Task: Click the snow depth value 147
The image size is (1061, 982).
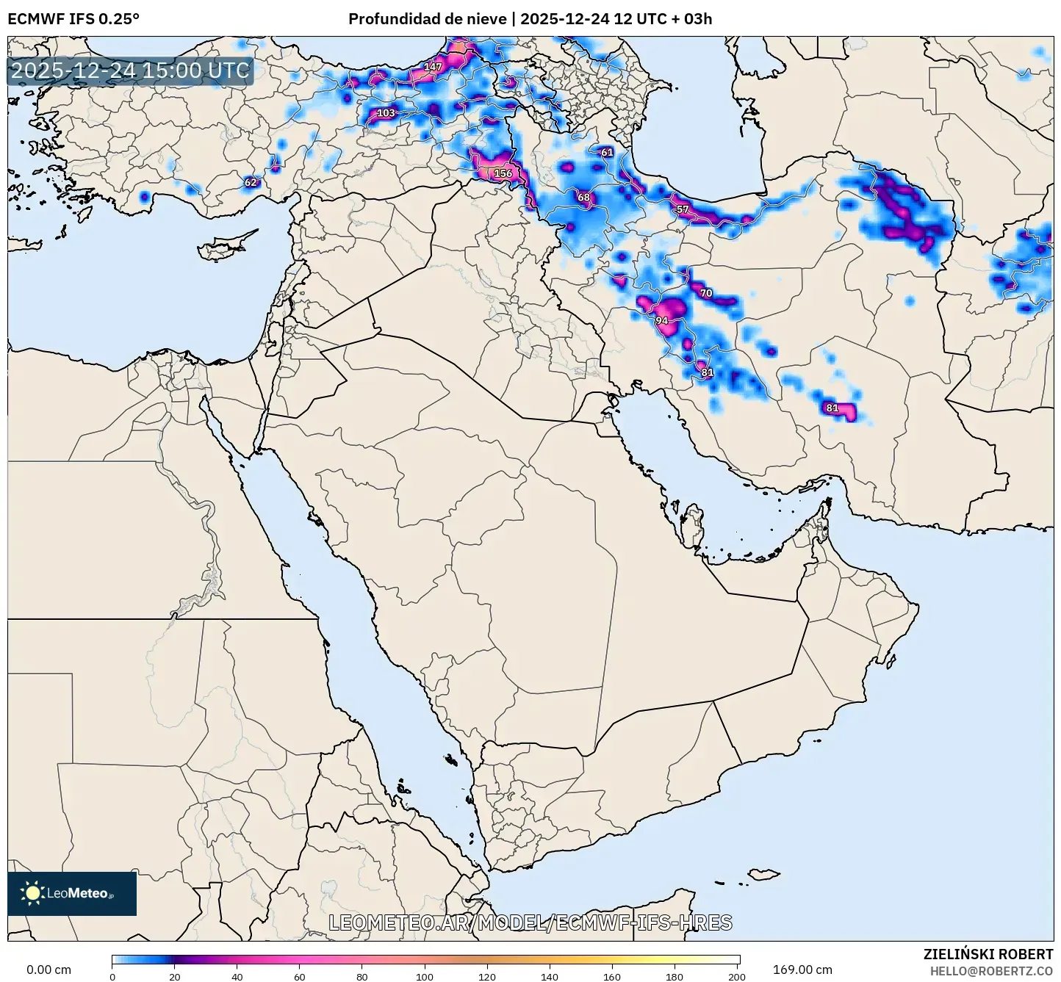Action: [x=434, y=67]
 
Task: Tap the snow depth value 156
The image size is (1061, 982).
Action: [x=503, y=173]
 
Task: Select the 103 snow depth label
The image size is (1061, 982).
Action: [x=386, y=113]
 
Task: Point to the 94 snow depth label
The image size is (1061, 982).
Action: [x=662, y=321]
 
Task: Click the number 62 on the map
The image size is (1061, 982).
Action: [x=251, y=182]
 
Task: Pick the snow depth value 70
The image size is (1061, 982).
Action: [x=706, y=293]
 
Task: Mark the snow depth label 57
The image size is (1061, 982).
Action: [x=683, y=209]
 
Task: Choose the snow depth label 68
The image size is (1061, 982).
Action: [x=583, y=197]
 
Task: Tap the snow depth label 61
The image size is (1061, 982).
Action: [x=607, y=153]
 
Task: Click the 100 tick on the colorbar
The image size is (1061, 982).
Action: [x=425, y=977]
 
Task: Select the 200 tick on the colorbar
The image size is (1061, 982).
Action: [x=737, y=977]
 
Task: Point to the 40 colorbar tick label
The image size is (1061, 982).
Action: [x=237, y=977]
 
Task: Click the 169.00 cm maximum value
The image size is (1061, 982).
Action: [x=802, y=970]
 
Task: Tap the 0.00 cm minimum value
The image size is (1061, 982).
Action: [x=49, y=970]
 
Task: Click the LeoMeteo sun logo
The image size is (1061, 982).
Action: [x=32, y=893]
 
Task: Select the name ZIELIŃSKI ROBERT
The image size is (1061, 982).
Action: [x=988, y=954]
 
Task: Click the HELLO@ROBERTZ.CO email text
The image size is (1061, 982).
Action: [x=991, y=971]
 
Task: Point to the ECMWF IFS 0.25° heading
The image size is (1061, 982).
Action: [x=73, y=19]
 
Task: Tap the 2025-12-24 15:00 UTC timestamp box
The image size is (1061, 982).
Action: [x=130, y=71]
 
